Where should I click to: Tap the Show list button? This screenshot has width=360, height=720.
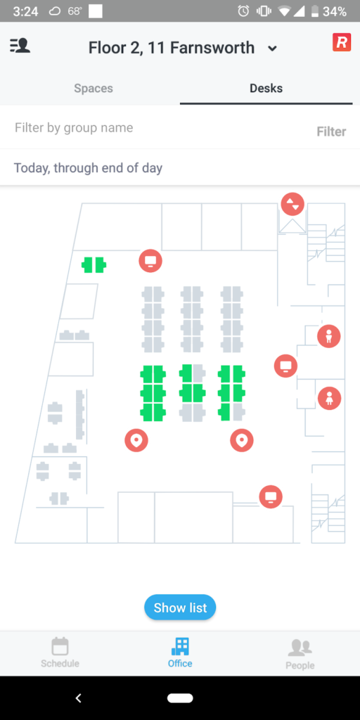180,607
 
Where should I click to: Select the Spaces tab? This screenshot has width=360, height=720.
94,89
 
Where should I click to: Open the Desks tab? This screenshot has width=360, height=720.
266,89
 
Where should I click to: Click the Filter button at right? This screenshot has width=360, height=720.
331,131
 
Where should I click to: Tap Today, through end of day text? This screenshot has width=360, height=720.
88,168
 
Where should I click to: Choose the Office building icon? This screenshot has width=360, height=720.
180,646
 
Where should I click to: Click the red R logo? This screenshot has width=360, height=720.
341,43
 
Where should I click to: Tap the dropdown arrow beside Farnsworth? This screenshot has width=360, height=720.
273,49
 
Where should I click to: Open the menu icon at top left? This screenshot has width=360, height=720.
20,46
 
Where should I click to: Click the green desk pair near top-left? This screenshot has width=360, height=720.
94,265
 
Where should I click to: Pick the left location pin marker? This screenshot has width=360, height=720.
136,440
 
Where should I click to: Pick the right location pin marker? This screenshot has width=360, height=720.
242,440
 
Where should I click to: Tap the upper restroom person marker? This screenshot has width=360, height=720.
329,336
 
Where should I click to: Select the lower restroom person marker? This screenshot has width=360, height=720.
329,399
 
